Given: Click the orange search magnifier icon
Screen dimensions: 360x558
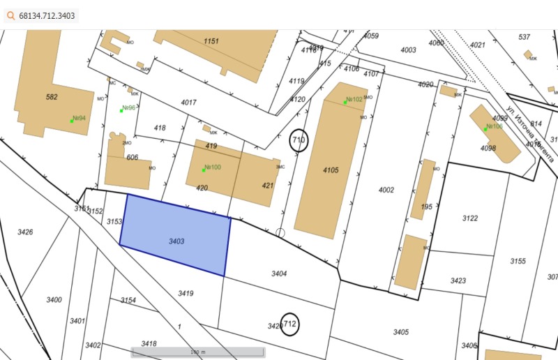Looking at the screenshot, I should click(x=11, y=15).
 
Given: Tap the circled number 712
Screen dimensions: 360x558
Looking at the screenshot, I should click(x=289, y=324).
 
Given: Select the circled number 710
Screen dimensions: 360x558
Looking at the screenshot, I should click(x=299, y=140).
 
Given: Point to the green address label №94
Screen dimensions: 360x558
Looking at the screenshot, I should click(x=78, y=119).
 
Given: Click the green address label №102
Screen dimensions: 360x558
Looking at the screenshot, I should click(x=354, y=100).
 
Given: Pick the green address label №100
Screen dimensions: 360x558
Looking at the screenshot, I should click(x=211, y=167).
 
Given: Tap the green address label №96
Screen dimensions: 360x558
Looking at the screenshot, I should click(x=128, y=108).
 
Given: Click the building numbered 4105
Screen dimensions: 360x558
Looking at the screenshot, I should click(x=330, y=170).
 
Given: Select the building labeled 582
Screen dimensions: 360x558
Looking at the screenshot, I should click(x=52, y=97).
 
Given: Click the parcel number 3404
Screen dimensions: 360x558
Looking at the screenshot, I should click(x=279, y=273).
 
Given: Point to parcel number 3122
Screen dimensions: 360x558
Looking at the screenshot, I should click(x=470, y=218).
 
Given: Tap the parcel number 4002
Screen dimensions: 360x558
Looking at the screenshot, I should click(x=386, y=190).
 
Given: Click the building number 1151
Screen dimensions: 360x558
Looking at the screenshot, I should click(x=211, y=41).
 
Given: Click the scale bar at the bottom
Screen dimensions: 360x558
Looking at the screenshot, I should click(x=198, y=352).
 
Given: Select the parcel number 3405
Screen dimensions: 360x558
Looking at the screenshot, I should click(x=400, y=331).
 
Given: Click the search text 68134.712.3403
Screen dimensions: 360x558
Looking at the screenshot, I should click(x=48, y=15).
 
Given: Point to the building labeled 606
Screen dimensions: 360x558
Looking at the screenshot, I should click(x=132, y=158).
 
